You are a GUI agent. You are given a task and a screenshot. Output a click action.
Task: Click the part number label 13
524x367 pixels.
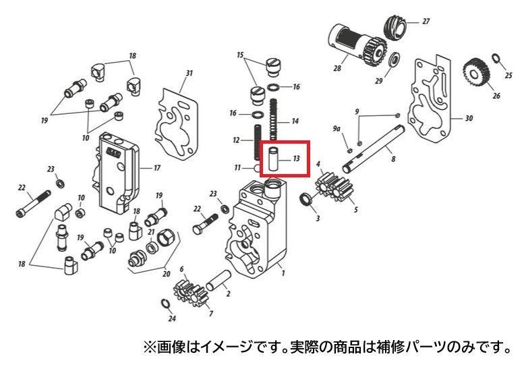pos(296,158)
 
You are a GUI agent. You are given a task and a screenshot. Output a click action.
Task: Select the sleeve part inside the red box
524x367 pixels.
pos(274,159)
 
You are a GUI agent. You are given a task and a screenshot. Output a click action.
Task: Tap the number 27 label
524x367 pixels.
pos(426,22)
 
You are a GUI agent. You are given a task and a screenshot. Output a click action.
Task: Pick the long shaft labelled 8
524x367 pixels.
pos(374,148)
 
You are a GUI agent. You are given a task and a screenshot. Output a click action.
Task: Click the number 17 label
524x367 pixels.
pos(157,168)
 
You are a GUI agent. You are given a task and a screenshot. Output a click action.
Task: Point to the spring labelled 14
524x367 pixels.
pos(274,119)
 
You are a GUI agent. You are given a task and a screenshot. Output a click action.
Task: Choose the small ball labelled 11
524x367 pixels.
pos(258,168)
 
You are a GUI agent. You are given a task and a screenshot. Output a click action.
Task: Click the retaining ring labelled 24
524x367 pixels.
pos(165,304)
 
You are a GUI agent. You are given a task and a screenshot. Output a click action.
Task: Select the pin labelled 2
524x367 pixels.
pos(219,280)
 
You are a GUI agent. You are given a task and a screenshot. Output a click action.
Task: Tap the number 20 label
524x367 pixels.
pos(166,274)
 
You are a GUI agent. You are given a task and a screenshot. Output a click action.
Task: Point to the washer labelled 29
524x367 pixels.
pos(395,59)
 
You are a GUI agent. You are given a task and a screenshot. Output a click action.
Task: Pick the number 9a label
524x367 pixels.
pos(337,129)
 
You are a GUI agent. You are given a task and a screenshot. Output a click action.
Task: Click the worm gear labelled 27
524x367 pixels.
pos(395,26)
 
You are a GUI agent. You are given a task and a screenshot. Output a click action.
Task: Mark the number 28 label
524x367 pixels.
pos(337,68)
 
